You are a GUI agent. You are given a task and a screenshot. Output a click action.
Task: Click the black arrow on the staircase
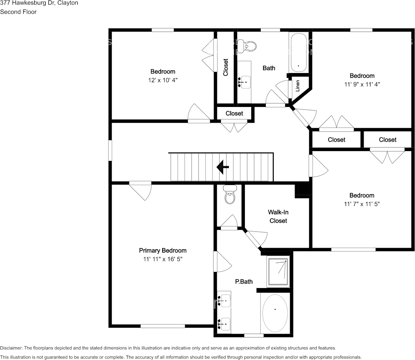pyautogui.click(x=223, y=167)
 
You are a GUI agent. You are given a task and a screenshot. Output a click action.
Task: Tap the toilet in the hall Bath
pyautogui.click(x=247, y=46)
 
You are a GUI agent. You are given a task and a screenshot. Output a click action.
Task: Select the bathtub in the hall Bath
pyautogui.click(x=298, y=52)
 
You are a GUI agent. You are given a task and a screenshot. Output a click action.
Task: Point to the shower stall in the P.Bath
pyautogui.click(x=278, y=272)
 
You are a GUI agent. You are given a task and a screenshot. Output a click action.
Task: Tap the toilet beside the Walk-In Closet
pyautogui.click(x=230, y=194)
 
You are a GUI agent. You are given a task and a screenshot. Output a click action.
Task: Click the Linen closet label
pyautogui.click(x=298, y=86)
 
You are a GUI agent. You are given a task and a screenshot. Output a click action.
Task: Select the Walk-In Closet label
pyautogui.click(x=278, y=217)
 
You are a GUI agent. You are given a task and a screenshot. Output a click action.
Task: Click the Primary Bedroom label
pyautogui.click(x=163, y=250)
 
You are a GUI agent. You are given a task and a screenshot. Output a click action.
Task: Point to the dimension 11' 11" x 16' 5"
pyautogui.click(x=163, y=259)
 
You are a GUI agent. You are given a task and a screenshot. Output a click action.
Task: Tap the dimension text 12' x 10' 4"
pyautogui.click(x=163, y=80)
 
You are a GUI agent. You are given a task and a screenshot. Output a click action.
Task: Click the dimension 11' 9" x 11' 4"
pyautogui.click(x=362, y=84)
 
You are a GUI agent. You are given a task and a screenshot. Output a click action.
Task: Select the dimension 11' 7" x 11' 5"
pyautogui.click(x=362, y=204)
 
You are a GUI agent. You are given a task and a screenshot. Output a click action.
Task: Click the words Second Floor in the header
pyautogui.click(x=18, y=12)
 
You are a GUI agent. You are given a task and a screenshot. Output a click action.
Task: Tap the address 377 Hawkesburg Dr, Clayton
pyautogui.click(x=39, y=3)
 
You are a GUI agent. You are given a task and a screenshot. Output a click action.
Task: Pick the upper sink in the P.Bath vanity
pyautogui.click(x=224, y=301)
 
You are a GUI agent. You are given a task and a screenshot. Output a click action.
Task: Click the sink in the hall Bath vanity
pyautogui.click(x=244, y=82)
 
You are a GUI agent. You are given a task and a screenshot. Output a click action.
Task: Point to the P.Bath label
pyautogui.click(x=244, y=282)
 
